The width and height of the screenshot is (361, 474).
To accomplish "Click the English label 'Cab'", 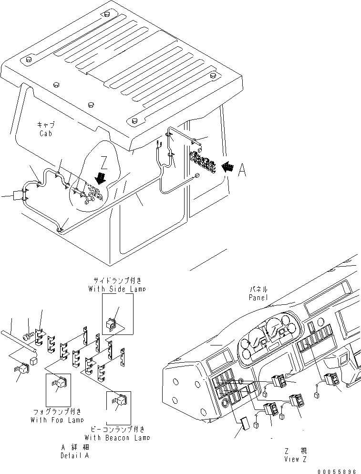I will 46,134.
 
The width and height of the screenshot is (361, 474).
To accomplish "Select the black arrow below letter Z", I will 101,179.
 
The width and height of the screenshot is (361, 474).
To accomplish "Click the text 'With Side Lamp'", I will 117,289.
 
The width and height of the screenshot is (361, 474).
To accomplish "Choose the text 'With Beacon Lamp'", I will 117,437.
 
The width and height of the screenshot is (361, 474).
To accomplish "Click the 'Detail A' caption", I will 74,455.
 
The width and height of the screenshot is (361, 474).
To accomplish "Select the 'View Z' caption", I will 295,459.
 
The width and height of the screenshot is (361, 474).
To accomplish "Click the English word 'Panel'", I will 258,297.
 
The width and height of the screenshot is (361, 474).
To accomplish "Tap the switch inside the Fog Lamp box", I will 61,383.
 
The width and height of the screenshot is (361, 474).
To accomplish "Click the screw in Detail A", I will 30,337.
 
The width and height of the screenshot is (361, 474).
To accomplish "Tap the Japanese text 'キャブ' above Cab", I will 46,124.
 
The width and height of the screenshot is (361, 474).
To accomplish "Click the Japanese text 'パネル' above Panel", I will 258,289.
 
